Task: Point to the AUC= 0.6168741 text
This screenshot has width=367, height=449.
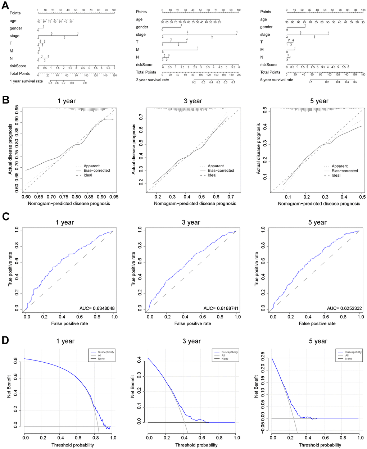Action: point(221,308)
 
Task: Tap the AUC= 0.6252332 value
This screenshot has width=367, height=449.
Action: point(344,308)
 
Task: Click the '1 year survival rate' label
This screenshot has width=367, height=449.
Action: point(26,81)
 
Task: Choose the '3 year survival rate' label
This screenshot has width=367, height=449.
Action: point(152,80)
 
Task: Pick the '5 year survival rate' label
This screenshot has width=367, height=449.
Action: point(277,80)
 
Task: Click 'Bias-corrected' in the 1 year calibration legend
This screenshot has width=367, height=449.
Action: point(97,171)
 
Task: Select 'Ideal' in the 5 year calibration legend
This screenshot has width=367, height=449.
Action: point(336,176)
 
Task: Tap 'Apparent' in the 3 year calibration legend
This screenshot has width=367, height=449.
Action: point(216,166)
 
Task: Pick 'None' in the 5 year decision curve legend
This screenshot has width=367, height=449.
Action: point(349,359)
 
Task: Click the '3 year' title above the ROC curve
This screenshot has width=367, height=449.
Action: point(191,222)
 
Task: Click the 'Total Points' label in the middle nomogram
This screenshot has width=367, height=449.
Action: point(146,72)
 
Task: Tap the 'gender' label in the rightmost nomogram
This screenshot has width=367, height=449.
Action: point(267,27)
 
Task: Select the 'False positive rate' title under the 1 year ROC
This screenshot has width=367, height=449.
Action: point(69,323)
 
